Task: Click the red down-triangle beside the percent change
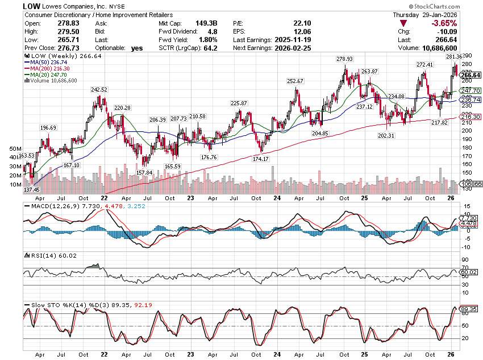pos(403,23)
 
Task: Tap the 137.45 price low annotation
pos(32,189)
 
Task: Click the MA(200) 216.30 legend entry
pos(47,68)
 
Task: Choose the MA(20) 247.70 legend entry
pos(45,75)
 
